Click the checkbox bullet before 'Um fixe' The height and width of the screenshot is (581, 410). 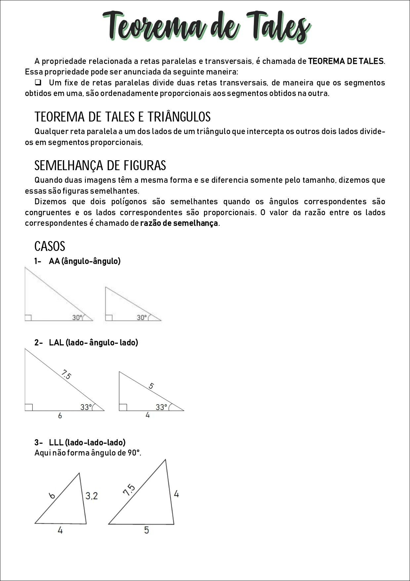pyautogui.click(x=38, y=82)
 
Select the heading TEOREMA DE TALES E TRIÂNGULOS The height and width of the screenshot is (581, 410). pyautogui.click(x=122, y=117)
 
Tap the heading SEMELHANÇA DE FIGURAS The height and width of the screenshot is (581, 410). pyautogui.click(x=100, y=166)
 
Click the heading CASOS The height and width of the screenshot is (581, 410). pyautogui.click(x=50, y=246)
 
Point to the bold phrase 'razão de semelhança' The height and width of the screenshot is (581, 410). pyautogui.click(x=179, y=223)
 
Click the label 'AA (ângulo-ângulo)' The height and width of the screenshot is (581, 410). pyautogui.click(x=85, y=261)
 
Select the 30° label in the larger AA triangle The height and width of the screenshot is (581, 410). pyautogui.click(x=77, y=317)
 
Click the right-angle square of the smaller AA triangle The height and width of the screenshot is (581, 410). pyautogui.click(x=109, y=317)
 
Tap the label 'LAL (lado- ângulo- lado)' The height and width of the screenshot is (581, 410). pyautogui.click(x=93, y=343)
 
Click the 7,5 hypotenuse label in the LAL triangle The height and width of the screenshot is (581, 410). pyautogui.click(x=66, y=375)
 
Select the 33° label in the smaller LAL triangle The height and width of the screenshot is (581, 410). pyautogui.click(x=161, y=407)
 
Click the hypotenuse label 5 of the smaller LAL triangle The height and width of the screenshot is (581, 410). pyautogui.click(x=151, y=386)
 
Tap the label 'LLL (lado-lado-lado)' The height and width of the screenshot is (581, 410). pyautogui.click(x=87, y=443)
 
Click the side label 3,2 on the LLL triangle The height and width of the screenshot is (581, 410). pyautogui.click(x=92, y=496)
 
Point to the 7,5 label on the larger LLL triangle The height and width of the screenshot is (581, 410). pyautogui.click(x=129, y=490)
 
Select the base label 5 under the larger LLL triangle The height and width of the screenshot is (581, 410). pyautogui.click(x=146, y=530)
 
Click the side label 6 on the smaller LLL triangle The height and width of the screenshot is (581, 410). pyautogui.click(x=52, y=496)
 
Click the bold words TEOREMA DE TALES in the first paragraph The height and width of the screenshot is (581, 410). pyautogui.click(x=346, y=61)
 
